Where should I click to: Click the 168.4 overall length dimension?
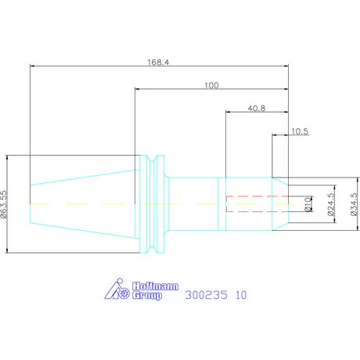click(158, 63)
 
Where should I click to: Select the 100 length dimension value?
click(211, 85)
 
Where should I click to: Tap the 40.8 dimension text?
click(257, 108)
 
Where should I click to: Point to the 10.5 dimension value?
click(300, 131)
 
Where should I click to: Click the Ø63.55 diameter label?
click(4, 204)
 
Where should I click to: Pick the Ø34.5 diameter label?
click(354, 204)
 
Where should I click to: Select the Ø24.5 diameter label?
click(331, 204)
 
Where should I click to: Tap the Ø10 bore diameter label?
click(308, 204)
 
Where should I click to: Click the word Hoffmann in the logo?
click(155, 286)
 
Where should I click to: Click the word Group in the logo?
click(146, 296)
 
